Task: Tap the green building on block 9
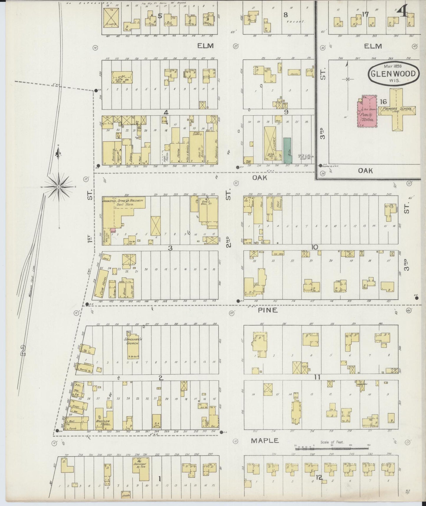pyautogui.click(x=287, y=151)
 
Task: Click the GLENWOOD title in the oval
pyautogui.click(x=393, y=74)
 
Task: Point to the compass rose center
pyautogui.click(x=59, y=187)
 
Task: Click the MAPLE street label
pyautogui.click(x=264, y=440)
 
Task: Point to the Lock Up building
pyautogui.click(x=122, y=78)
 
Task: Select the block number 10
pyautogui.click(x=315, y=247)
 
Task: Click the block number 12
pyautogui.click(x=319, y=477)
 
